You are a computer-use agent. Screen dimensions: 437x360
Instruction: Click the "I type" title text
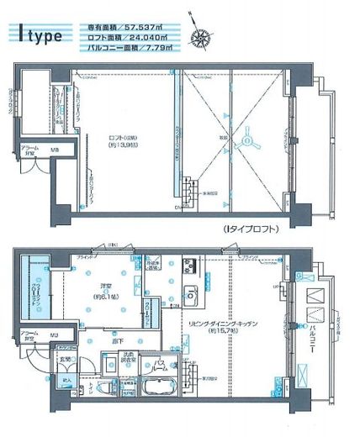point(40,34)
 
